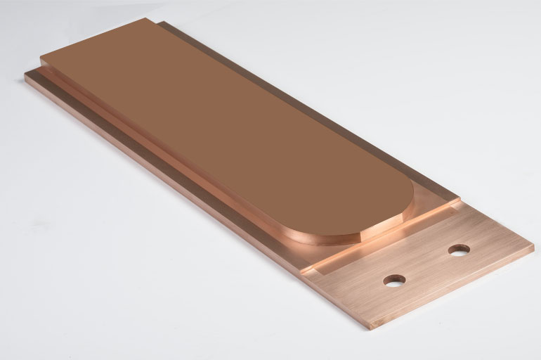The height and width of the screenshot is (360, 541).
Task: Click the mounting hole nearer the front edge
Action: click(394, 280)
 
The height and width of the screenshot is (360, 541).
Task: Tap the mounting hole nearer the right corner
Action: click(459, 250)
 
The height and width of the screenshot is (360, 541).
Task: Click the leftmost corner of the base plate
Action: click(25, 73)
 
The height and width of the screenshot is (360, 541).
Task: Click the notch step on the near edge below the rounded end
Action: click(316, 265)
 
